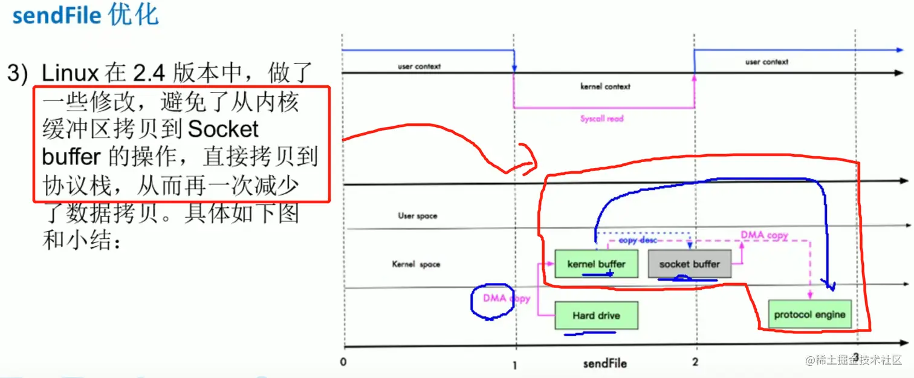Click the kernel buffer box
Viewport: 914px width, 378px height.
coord(596,264)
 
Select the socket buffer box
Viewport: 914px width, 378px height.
coord(689,264)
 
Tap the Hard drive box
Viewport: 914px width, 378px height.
coord(596,315)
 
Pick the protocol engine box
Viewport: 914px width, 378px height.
coord(809,314)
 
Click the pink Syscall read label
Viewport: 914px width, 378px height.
coord(601,119)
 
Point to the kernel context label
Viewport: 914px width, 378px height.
coord(605,86)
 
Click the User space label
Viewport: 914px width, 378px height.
coord(417,216)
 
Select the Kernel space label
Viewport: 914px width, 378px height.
coord(416,264)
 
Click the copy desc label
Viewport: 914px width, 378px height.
coord(638,240)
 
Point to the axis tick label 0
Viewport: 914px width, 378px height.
coord(343,362)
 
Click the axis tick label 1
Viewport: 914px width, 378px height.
coord(514,365)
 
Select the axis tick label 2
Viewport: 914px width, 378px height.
coord(695,362)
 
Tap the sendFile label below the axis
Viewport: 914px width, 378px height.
coord(604,363)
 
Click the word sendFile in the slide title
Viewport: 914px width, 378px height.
coord(57,15)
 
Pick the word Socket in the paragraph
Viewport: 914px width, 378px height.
coord(224,129)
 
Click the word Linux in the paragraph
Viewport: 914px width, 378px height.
coord(70,74)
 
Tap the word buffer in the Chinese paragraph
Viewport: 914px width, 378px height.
coord(71,157)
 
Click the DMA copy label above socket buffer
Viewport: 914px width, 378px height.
coord(764,235)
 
